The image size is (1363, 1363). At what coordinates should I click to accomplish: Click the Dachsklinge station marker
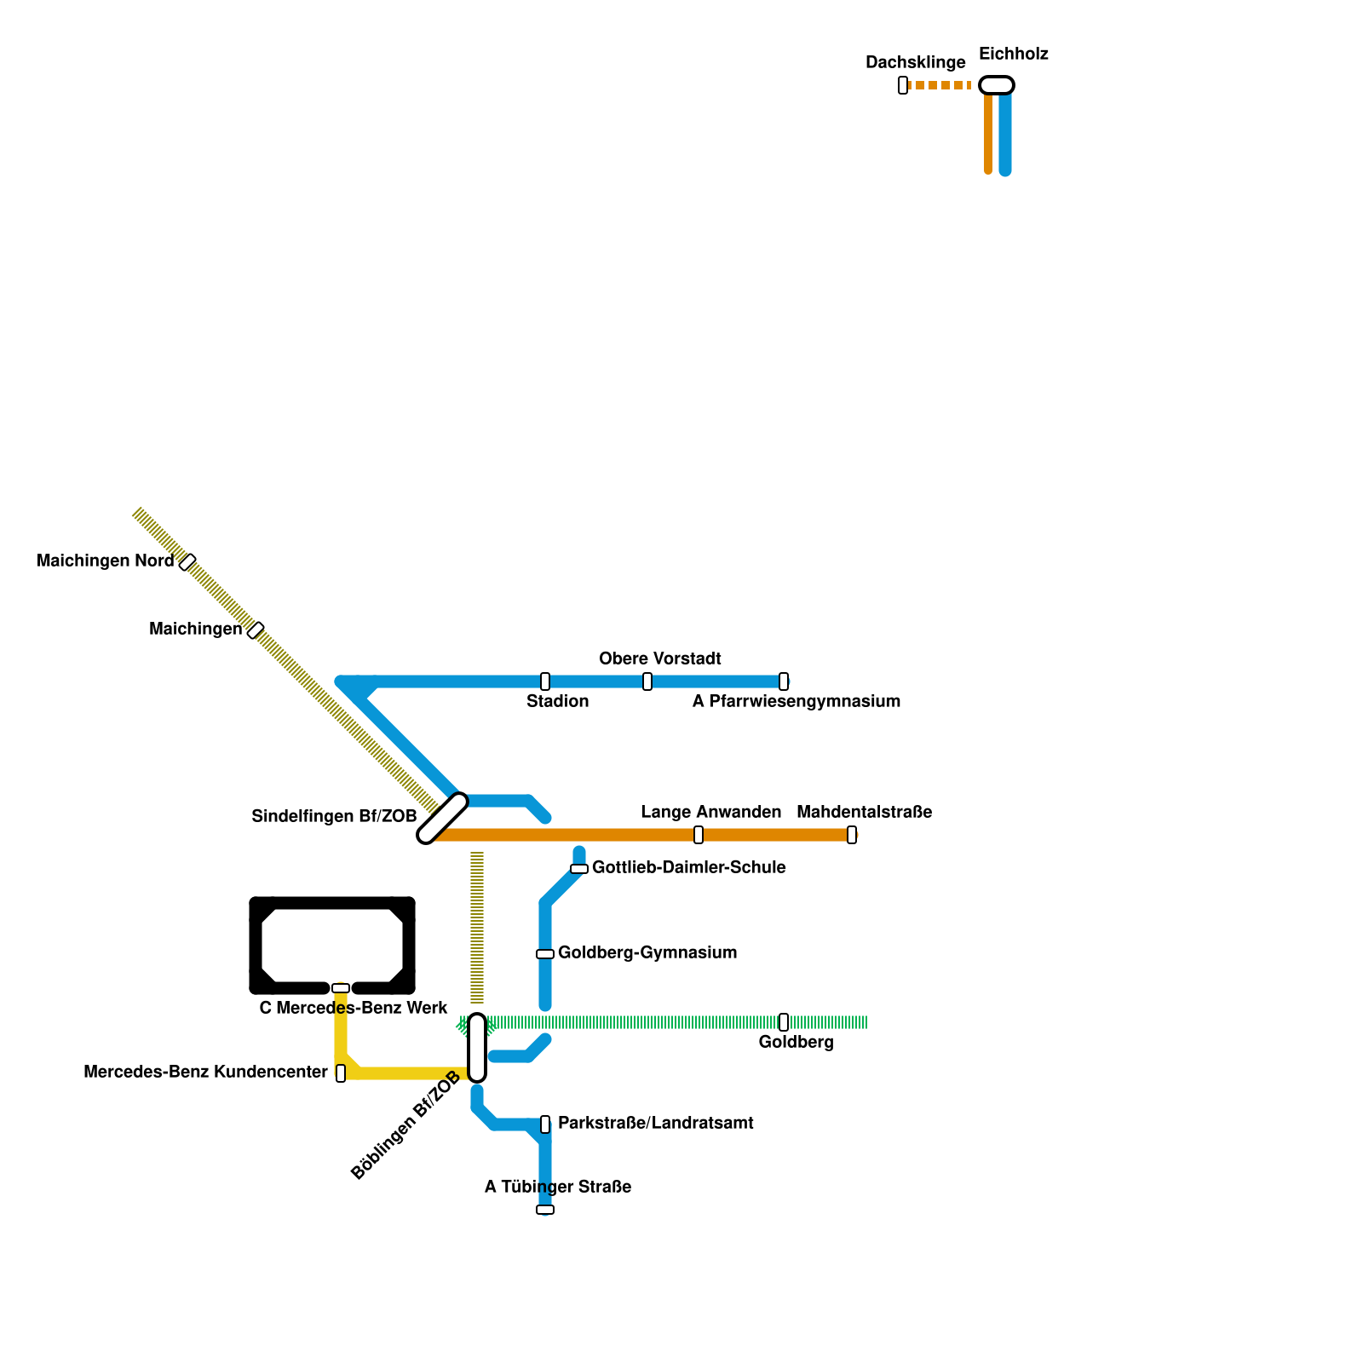(x=903, y=85)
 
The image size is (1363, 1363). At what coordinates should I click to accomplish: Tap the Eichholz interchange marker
(x=997, y=85)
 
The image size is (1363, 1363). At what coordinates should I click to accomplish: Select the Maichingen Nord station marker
(x=187, y=562)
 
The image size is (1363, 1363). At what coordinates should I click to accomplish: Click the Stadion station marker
(x=545, y=681)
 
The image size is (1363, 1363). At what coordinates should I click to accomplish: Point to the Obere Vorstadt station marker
(x=647, y=681)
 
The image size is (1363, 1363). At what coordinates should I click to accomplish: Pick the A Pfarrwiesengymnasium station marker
(x=784, y=681)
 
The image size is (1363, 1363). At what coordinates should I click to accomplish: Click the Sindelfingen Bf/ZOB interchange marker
(x=443, y=818)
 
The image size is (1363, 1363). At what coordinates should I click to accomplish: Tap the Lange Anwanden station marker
(x=699, y=835)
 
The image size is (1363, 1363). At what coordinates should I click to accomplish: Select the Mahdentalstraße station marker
(x=852, y=835)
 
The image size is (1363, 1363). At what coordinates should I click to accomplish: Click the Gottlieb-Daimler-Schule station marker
(x=579, y=869)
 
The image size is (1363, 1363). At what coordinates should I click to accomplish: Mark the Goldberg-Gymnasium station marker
(x=545, y=954)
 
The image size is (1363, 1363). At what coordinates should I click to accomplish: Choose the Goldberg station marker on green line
(x=784, y=1022)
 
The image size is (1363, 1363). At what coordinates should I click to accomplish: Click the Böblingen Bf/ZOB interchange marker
(x=477, y=1048)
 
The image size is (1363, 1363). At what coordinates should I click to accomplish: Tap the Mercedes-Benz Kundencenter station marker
(x=341, y=1073)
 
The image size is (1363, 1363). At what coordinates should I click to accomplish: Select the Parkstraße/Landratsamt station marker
(x=545, y=1124)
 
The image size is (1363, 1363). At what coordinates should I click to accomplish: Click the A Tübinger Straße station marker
(x=545, y=1210)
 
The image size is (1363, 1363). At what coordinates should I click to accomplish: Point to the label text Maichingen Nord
(x=105, y=561)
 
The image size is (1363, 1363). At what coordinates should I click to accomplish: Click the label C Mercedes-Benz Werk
(x=353, y=1009)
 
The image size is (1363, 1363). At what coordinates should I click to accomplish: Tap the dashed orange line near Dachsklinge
(x=940, y=85)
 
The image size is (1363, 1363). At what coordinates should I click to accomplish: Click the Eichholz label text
(x=1013, y=55)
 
